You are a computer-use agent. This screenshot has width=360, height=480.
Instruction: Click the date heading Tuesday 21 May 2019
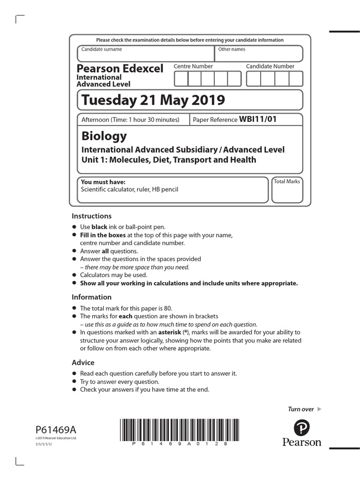click(x=153, y=100)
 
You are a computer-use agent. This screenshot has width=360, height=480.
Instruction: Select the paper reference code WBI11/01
click(x=258, y=119)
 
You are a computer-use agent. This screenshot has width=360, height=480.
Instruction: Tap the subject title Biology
click(x=104, y=136)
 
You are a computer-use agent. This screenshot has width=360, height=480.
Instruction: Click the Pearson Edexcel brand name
click(x=120, y=68)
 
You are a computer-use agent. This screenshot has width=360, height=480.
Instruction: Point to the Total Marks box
click(x=287, y=190)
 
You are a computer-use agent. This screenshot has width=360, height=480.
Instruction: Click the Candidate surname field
click(x=145, y=54)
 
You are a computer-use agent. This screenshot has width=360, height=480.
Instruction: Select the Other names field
click(x=258, y=54)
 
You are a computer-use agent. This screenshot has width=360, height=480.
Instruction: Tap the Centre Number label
click(x=193, y=66)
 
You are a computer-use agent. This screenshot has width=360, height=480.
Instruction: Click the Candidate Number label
click(x=270, y=66)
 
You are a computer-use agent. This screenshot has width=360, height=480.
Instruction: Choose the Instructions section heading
click(x=91, y=216)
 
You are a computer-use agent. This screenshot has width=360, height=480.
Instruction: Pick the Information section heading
click(x=91, y=297)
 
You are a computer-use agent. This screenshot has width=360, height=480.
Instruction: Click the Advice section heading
click(x=83, y=362)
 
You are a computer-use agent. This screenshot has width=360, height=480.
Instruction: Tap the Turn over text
click(x=300, y=409)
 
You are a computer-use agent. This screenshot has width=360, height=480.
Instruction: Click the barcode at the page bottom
click(x=173, y=429)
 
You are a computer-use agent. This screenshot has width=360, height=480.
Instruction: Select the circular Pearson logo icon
click(x=302, y=427)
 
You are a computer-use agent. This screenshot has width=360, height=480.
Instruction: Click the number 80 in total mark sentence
click(x=168, y=308)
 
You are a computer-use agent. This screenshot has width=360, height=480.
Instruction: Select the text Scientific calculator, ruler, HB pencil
click(x=129, y=190)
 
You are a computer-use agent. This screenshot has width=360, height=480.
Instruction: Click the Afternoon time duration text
click(x=130, y=120)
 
